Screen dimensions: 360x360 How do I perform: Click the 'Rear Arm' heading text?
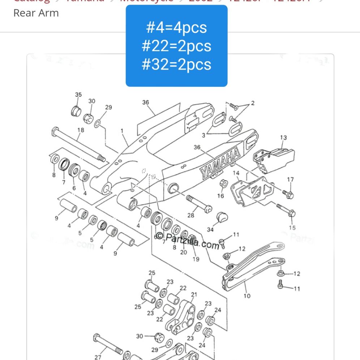point(36,13)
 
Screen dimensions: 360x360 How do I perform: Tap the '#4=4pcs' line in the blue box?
point(176,27)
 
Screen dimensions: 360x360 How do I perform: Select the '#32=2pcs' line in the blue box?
point(176,64)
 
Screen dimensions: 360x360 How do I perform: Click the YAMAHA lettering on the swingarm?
point(220,163)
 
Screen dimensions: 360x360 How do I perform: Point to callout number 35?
point(78,95)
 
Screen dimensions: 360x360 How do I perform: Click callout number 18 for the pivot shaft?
point(81,130)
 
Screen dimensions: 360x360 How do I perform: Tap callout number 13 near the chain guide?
point(283,137)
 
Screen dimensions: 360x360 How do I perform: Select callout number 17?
point(291,180)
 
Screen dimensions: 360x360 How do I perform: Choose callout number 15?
point(292,228)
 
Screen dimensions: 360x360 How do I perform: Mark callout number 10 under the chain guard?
point(247,296)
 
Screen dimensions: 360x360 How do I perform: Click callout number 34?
point(210,230)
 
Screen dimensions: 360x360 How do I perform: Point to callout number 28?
point(191,215)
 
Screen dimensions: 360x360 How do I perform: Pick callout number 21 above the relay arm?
point(194,295)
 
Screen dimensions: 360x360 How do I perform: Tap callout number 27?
point(98,357)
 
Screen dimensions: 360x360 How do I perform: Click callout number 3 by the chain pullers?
point(203,135)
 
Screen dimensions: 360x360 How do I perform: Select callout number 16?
point(220,196)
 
